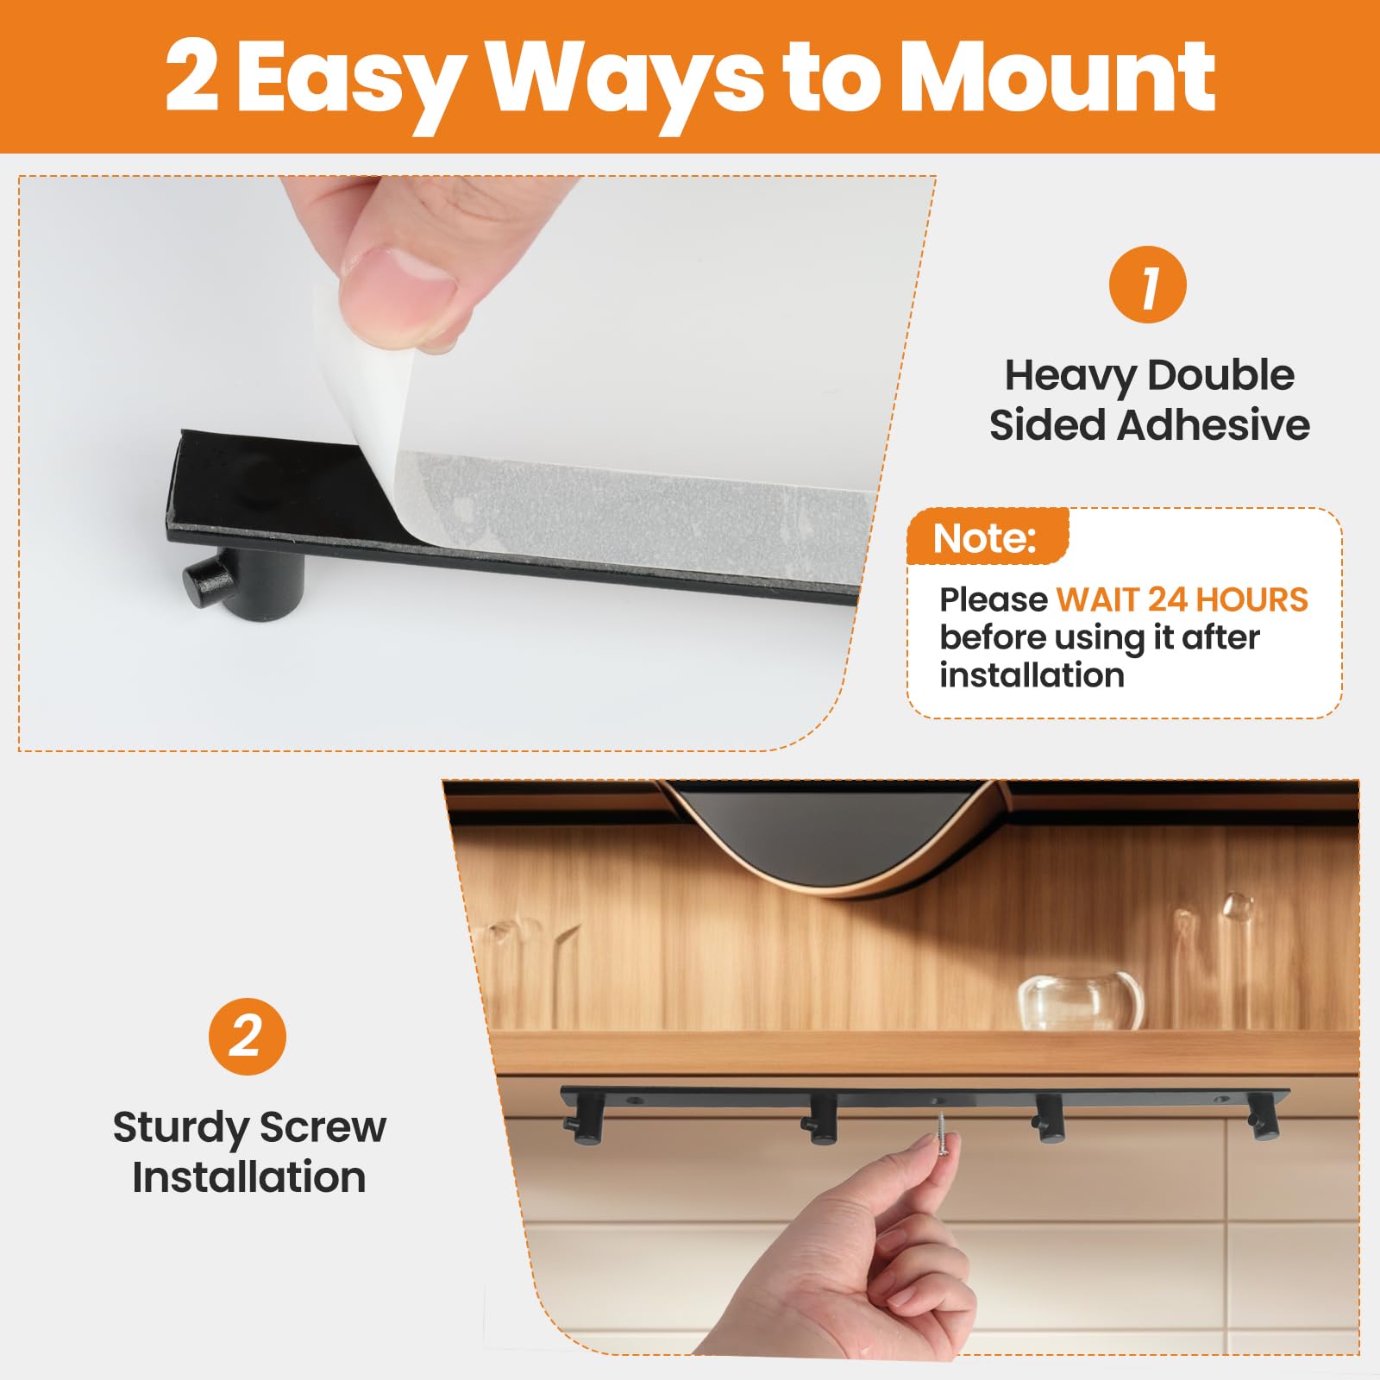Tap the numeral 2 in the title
coord(191,78)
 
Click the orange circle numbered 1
coord(1147,285)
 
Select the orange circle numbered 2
coord(248,1036)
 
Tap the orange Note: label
coord(984,538)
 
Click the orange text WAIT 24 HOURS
coord(1182,599)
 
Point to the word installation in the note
coord(1032,675)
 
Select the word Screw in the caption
coord(323,1127)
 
